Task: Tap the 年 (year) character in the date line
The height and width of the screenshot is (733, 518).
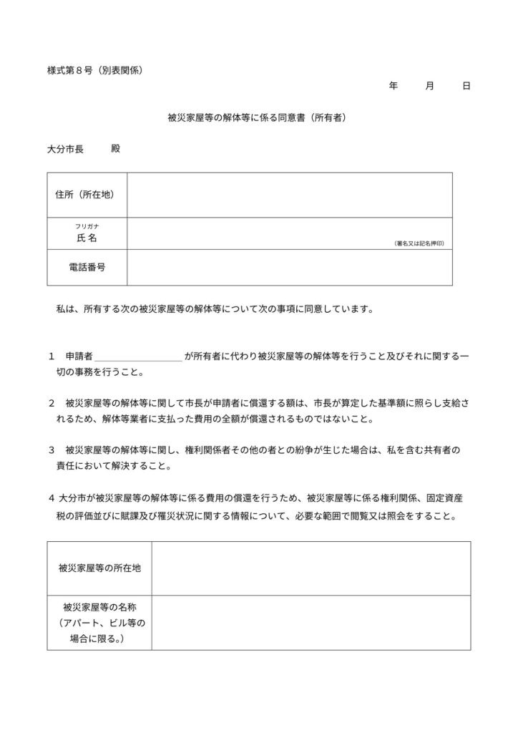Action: pos(393,86)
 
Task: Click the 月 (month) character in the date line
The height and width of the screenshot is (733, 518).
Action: pos(429,86)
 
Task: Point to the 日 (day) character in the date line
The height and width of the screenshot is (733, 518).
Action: pos(466,86)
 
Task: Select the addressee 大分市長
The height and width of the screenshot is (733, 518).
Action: pos(65,150)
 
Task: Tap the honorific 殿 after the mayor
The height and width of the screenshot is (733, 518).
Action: pos(116,150)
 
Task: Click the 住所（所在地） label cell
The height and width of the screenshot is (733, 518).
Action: pos(87,194)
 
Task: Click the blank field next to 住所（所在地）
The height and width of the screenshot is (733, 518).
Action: pos(290,194)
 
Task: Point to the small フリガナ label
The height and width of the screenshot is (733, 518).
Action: pos(87,226)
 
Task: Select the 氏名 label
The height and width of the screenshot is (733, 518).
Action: pos(87,238)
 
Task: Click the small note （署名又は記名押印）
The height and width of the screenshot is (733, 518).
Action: pos(421,243)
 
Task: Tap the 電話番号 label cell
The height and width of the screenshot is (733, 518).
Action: pos(87,267)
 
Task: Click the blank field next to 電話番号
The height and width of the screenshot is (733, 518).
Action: pos(290,267)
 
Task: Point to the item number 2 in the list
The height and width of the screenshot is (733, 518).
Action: pos(52,403)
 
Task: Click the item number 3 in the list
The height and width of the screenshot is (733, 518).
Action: pos(52,450)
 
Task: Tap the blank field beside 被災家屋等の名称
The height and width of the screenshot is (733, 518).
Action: pos(311,622)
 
